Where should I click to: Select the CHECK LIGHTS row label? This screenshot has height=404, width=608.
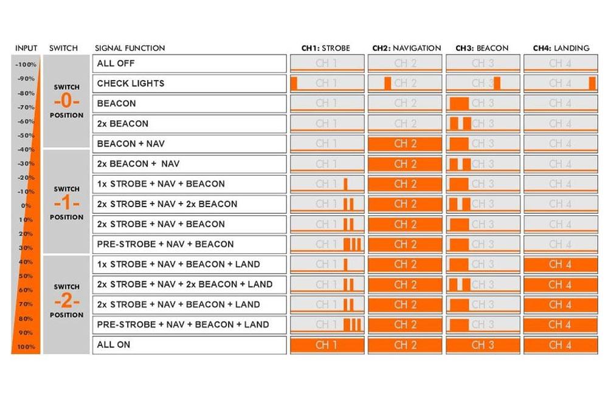[x=131, y=83]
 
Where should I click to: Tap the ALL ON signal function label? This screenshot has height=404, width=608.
[x=114, y=344]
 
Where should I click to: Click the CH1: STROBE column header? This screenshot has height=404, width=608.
[x=326, y=48]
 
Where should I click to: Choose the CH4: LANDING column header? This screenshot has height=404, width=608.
[x=561, y=48]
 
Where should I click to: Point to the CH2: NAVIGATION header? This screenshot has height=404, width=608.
[x=407, y=48]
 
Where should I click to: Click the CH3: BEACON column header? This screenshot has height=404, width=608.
[x=482, y=48]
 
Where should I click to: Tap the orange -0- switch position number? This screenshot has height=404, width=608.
[x=67, y=101]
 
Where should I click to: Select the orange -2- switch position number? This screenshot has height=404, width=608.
[x=67, y=301]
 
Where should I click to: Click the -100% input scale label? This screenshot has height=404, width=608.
[x=26, y=64]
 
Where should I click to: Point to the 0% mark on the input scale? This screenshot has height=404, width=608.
[x=26, y=206]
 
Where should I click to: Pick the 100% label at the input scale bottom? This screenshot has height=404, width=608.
[x=26, y=347]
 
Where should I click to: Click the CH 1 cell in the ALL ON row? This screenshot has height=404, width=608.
[x=327, y=344]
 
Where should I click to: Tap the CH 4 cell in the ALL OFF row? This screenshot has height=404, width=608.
[x=561, y=63]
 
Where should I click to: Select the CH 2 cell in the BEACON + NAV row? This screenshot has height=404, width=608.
[x=405, y=144]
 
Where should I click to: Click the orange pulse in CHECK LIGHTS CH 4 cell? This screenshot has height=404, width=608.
[x=592, y=83]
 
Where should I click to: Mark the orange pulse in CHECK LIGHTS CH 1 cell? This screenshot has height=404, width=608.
[x=294, y=83]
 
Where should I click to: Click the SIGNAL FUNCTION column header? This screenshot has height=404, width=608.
[x=130, y=48]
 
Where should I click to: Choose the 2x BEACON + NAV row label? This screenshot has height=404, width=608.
[x=138, y=164]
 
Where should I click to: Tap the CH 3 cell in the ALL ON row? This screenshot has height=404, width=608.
[x=483, y=344]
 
